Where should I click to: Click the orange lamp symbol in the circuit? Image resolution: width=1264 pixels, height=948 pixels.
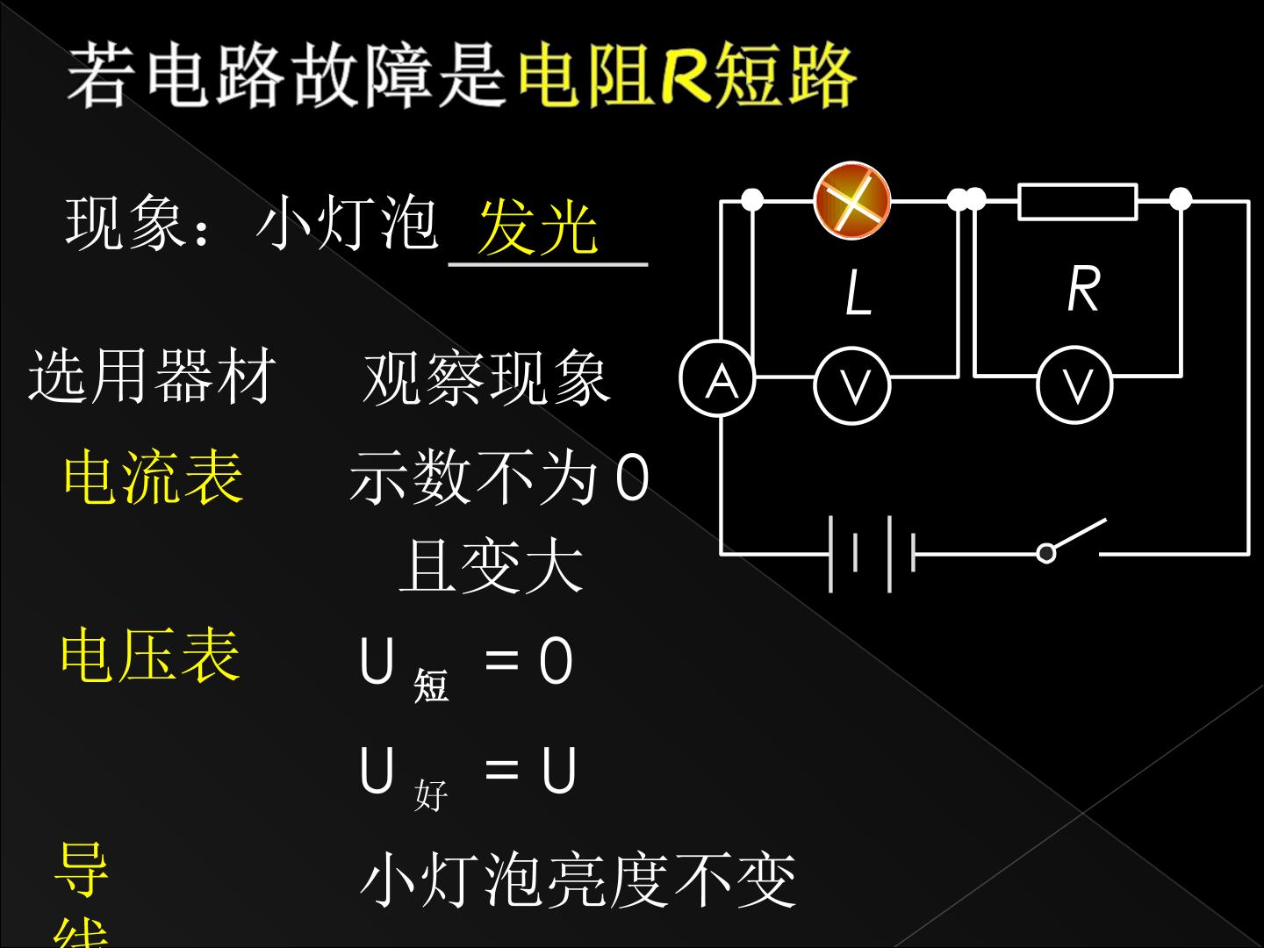pyautogui.click(x=852, y=200)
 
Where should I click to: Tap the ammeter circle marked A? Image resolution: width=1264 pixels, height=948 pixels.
pyautogui.click(x=717, y=378)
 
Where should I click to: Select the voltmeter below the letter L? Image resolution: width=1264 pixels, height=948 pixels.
pyautogui.click(x=852, y=385)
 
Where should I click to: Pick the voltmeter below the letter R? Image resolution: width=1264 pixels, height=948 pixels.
pyautogui.click(x=1074, y=384)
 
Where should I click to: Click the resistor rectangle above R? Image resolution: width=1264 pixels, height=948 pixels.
pyautogui.click(x=1077, y=202)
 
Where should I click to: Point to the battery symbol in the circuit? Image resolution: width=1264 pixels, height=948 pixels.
pyautogui.click(x=872, y=554)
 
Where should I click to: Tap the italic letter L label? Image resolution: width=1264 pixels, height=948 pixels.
pyautogui.click(x=858, y=293)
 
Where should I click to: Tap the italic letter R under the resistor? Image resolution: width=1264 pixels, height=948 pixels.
pyautogui.click(x=1083, y=289)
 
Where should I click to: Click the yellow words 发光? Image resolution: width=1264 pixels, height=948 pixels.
pyautogui.click(x=538, y=227)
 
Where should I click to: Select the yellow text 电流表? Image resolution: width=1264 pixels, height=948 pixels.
pyautogui.click(x=154, y=478)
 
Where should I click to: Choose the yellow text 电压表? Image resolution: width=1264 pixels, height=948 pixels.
pyautogui.click(x=151, y=656)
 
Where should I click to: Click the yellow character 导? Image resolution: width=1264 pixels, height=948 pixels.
pyautogui.click(x=82, y=869)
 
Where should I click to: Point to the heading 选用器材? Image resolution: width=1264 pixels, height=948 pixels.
pyautogui.click(x=153, y=376)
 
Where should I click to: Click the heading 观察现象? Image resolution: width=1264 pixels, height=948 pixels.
pyautogui.click(x=487, y=377)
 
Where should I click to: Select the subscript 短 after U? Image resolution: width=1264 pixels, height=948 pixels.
pyautogui.click(x=431, y=686)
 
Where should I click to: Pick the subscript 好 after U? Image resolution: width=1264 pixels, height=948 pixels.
pyautogui.click(x=431, y=795)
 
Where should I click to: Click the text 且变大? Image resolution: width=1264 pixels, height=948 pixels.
pyautogui.click(x=492, y=565)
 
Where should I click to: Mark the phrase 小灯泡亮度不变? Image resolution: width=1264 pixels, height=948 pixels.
pyautogui.click(x=578, y=880)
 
